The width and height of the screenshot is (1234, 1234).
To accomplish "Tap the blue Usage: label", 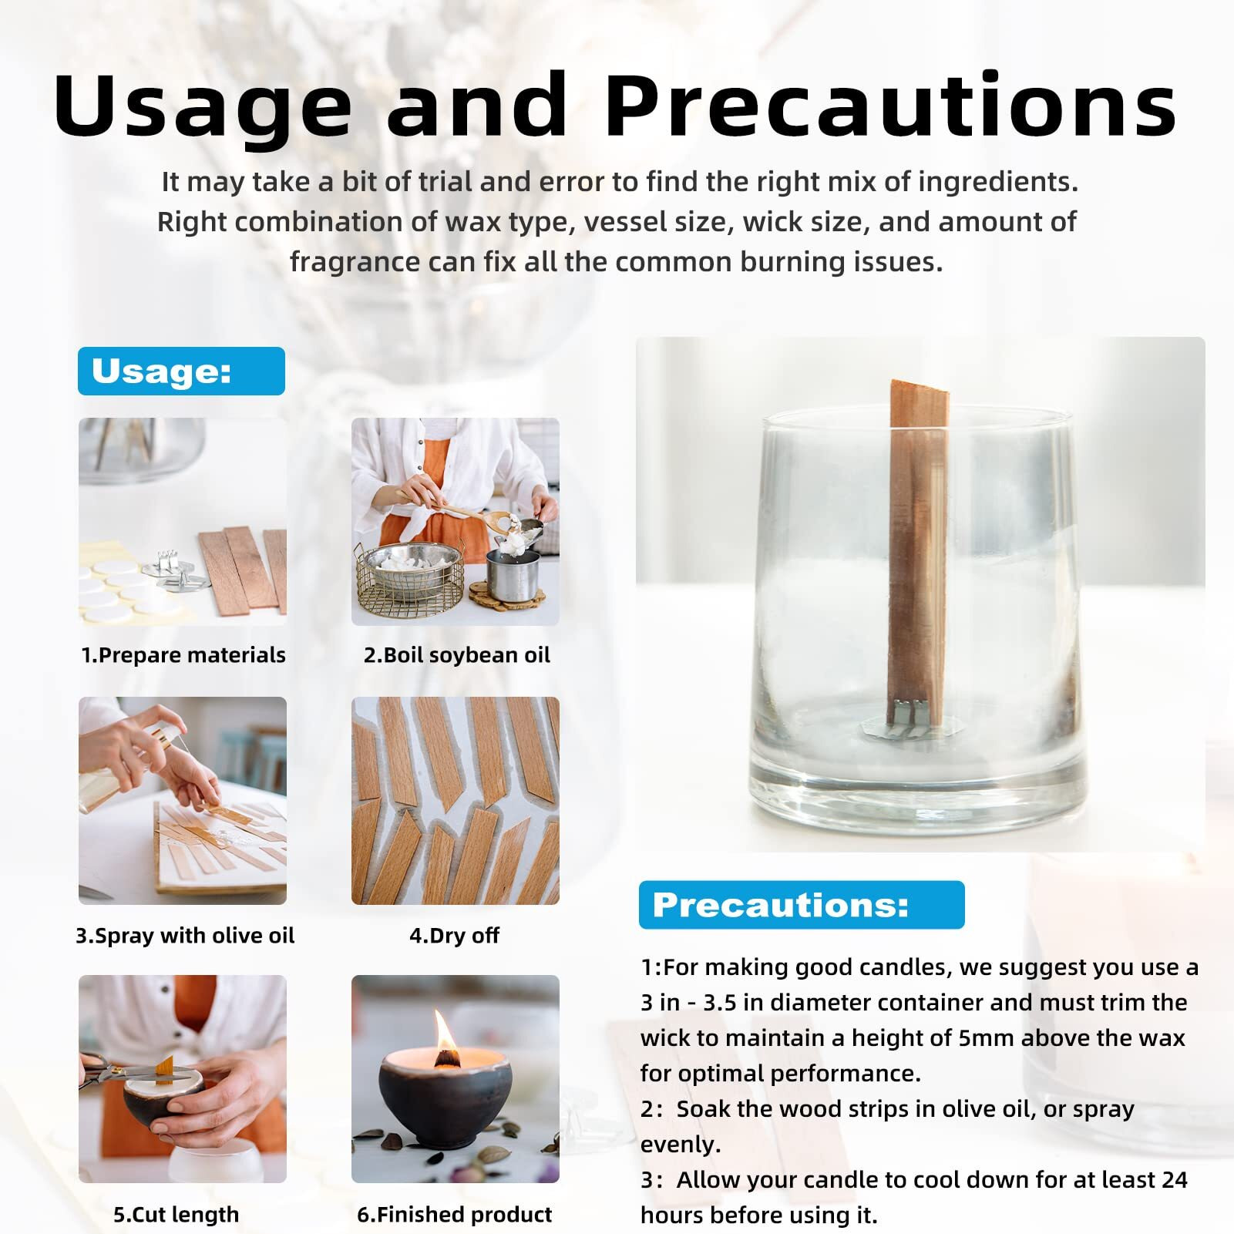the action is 181,371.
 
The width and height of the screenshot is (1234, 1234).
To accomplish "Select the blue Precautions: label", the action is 802,905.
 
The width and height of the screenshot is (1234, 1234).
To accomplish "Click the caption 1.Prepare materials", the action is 183,655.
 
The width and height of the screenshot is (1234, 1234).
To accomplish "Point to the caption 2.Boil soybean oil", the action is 456,655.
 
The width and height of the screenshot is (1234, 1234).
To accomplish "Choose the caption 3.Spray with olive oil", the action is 185,936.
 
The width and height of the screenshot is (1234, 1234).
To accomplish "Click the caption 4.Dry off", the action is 454,936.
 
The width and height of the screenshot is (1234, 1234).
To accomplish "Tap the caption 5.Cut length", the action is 177,1215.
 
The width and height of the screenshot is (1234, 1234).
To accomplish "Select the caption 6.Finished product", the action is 455,1215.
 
